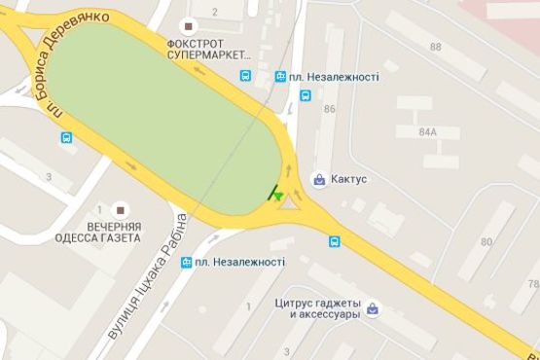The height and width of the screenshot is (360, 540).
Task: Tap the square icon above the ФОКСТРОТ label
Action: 190,25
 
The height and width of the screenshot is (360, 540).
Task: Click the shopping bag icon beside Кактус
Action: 318,179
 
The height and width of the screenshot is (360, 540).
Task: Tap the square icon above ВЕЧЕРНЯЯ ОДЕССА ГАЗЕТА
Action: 121,209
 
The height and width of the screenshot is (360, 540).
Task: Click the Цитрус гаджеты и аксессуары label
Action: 318,308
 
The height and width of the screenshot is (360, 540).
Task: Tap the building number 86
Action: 329,109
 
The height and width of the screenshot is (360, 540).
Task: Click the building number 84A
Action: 426,131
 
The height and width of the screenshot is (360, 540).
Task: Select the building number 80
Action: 486,240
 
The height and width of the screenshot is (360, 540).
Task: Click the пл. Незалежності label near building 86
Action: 332,76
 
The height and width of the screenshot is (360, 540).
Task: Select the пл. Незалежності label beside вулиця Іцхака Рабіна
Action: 239,262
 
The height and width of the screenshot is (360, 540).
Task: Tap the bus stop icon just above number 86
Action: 306,95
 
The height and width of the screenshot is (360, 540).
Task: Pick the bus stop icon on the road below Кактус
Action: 334,241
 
